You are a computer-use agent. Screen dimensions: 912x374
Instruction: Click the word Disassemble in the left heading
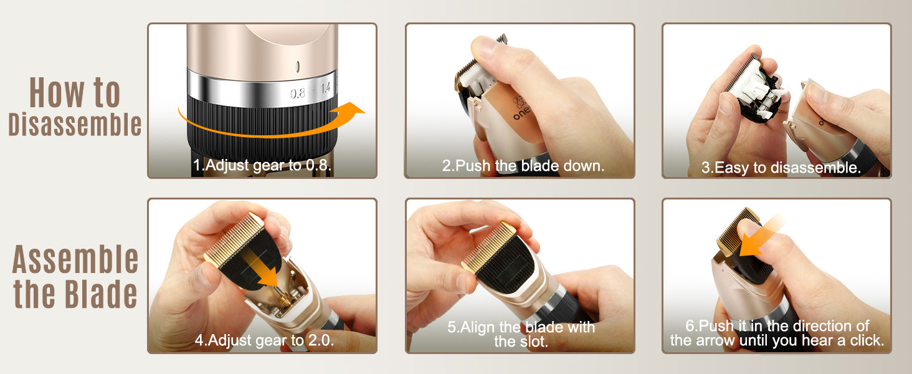tap(75, 124)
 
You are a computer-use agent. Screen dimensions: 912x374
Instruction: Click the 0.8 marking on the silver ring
tap(298, 93)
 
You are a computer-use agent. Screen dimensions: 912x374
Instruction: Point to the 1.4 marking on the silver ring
tap(325, 88)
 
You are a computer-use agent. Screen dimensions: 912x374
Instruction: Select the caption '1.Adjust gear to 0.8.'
tap(262, 165)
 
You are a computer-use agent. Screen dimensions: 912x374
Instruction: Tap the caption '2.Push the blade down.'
tap(523, 166)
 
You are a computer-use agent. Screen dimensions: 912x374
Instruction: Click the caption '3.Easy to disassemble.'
tap(781, 168)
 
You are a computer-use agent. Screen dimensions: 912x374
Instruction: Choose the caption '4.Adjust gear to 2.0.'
tap(264, 340)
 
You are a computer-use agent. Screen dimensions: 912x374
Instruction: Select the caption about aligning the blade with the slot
tap(521, 334)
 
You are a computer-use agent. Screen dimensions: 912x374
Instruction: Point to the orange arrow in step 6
tap(761, 236)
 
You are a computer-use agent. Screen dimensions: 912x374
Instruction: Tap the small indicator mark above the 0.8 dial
tap(298, 67)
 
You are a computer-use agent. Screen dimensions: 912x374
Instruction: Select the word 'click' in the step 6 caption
tap(865, 340)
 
